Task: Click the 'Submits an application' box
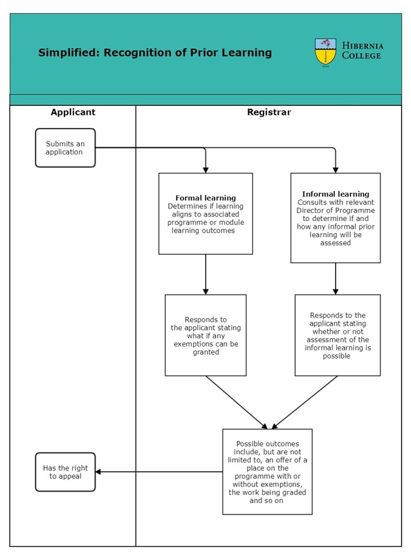pyautogui.click(x=65, y=148)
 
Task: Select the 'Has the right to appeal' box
pyautogui.click(x=65, y=472)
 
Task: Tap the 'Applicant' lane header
pyautogui.click(x=73, y=112)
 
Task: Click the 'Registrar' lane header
pyautogui.click(x=269, y=112)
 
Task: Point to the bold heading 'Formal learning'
pyautogui.click(x=205, y=198)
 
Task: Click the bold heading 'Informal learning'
pyautogui.click(x=335, y=194)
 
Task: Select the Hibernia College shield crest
pyautogui.click(x=326, y=53)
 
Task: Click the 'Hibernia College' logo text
pyautogui.click(x=362, y=51)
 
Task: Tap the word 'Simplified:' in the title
pyautogui.click(x=68, y=53)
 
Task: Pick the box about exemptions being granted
pyautogui.click(x=205, y=335)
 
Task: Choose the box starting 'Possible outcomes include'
pyautogui.click(x=267, y=472)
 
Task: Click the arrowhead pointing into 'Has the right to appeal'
pyautogui.click(x=98, y=472)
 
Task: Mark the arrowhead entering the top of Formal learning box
pyautogui.click(x=205, y=170)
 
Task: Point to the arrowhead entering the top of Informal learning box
pyautogui.click(x=335, y=170)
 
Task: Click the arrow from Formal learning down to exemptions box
pyautogui.click(x=205, y=274)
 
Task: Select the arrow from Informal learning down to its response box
pyautogui.click(x=335, y=279)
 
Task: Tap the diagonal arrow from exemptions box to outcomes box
pyautogui.click(x=236, y=402)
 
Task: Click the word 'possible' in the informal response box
pyautogui.click(x=336, y=356)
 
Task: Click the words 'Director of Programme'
pyautogui.click(x=335, y=210)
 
